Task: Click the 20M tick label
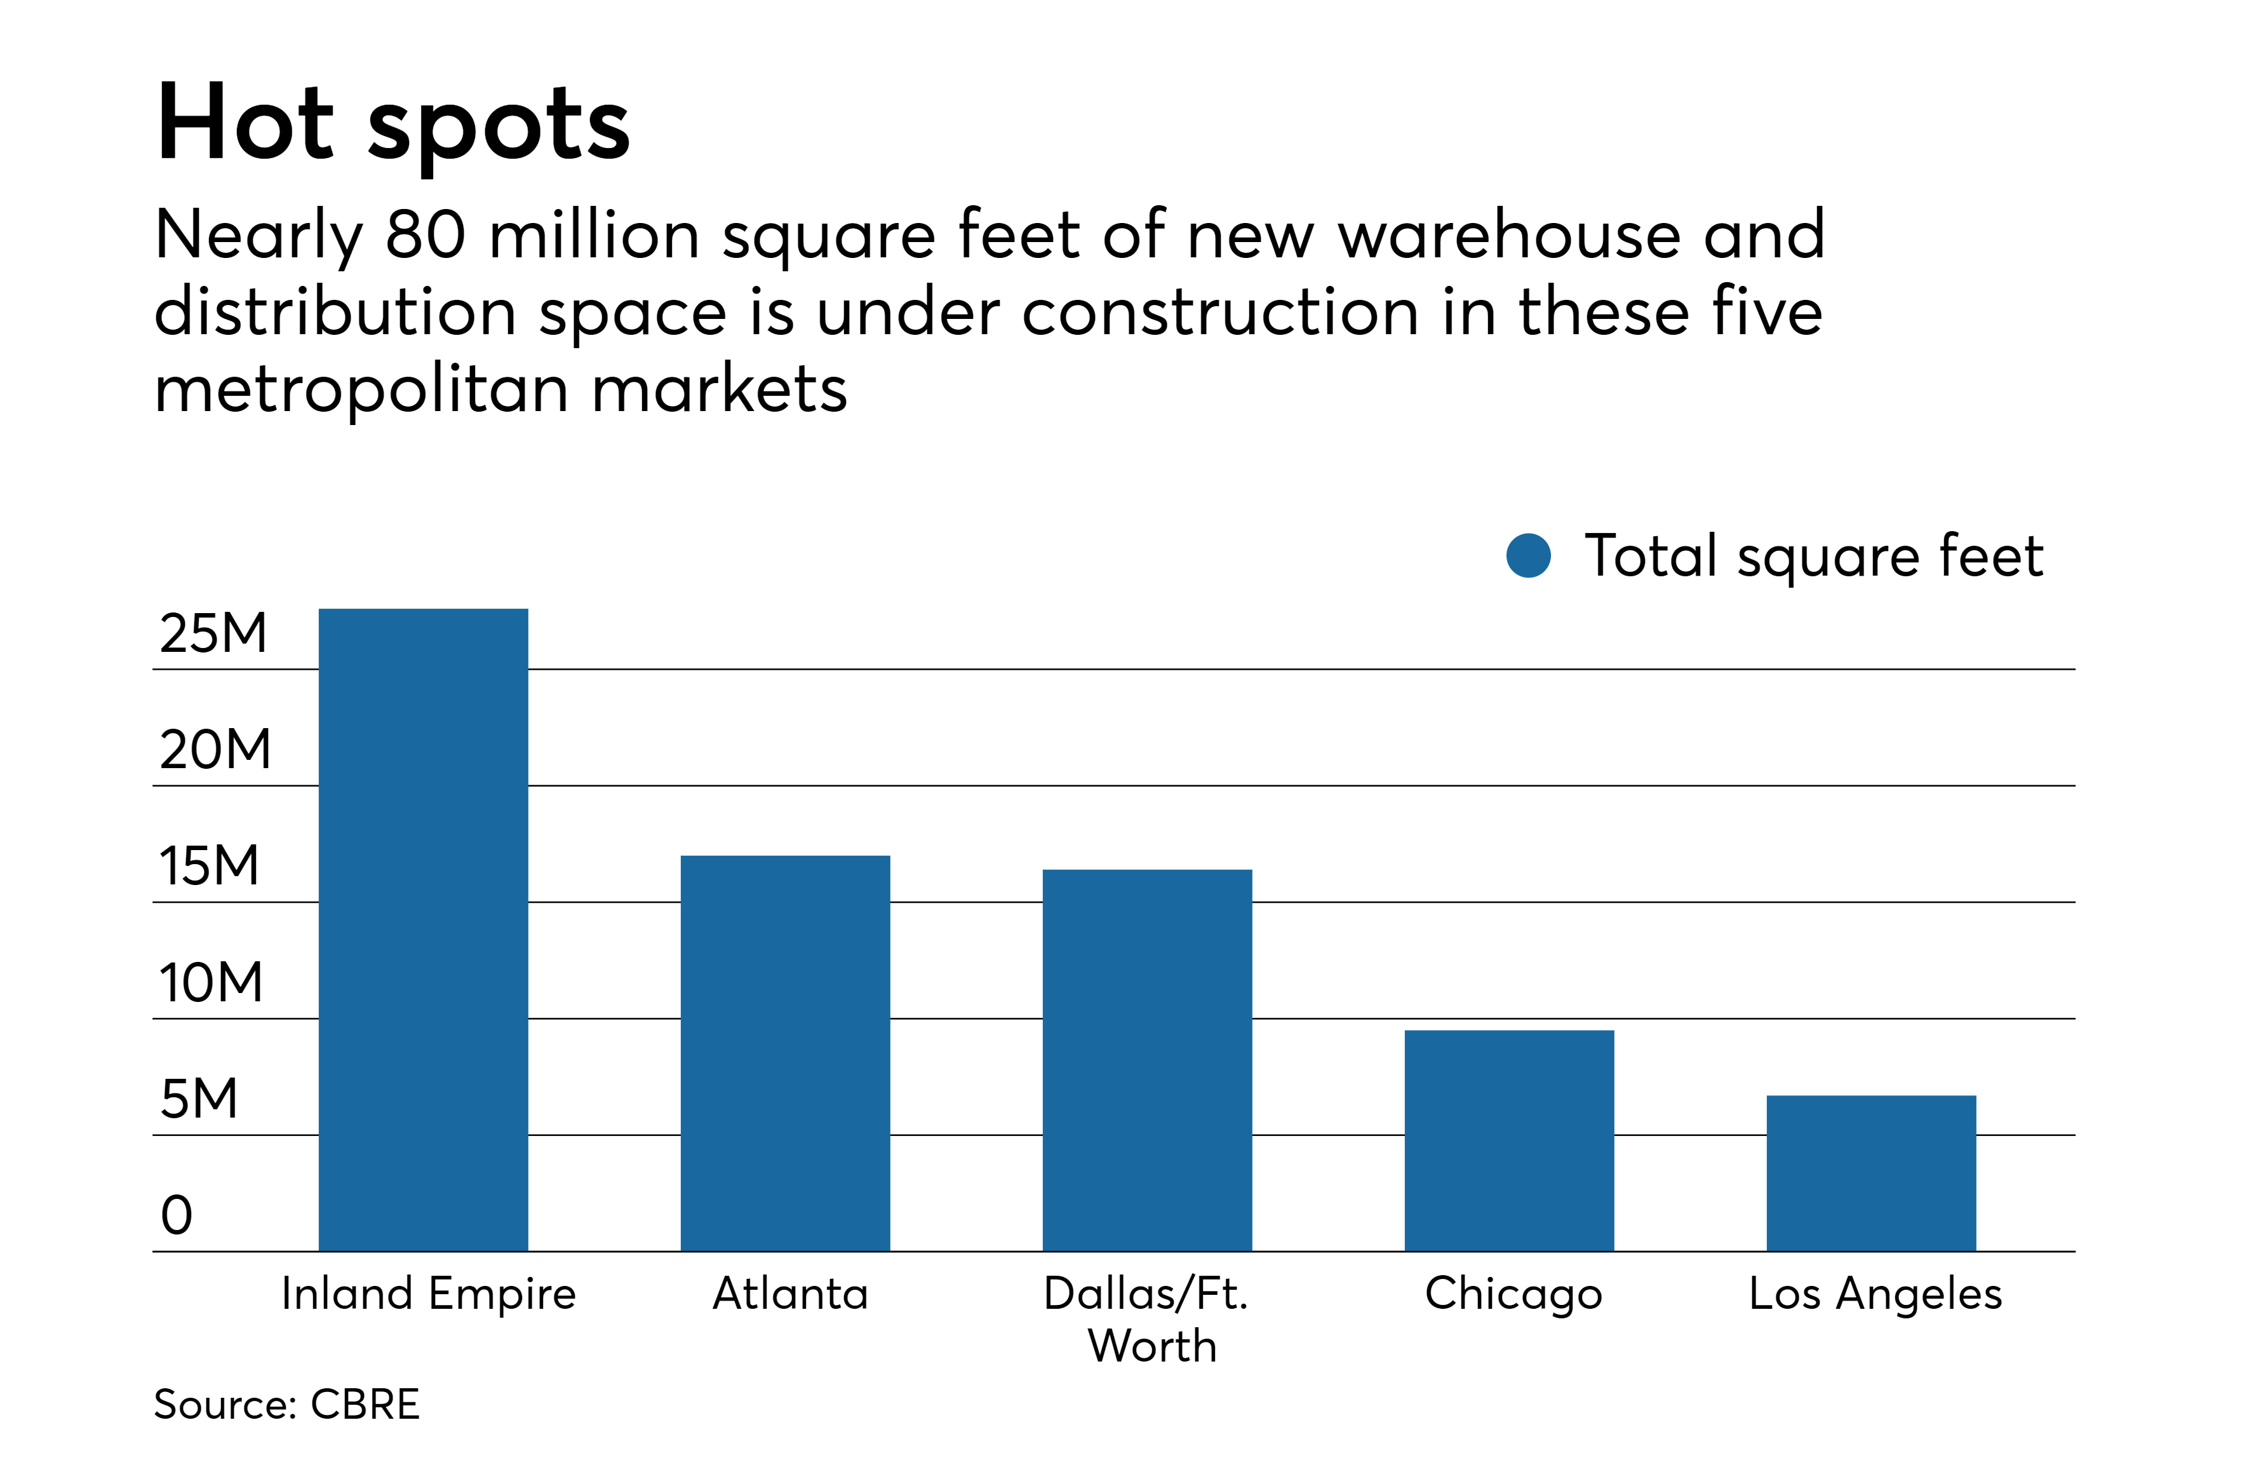tap(215, 749)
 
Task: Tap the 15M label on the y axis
tap(209, 866)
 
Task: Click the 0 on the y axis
tap(177, 1215)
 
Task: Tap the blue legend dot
tap(1529, 555)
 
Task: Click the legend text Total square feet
tap(1813, 555)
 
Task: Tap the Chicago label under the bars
tap(1513, 1294)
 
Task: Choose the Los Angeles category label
tap(1875, 1294)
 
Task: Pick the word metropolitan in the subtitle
tap(361, 389)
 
